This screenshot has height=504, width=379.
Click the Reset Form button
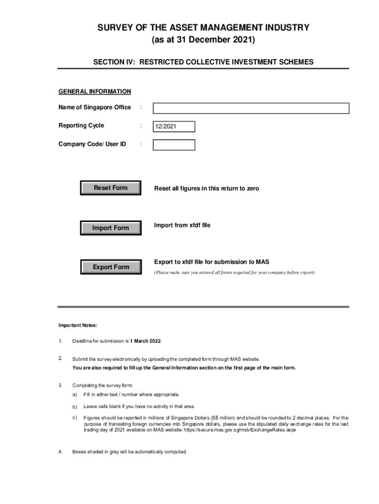tap(111, 188)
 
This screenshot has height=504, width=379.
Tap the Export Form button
tap(111, 267)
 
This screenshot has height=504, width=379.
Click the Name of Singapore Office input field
tap(251, 108)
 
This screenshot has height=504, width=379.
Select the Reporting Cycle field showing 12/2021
tap(174, 127)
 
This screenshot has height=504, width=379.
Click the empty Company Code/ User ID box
tap(174, 145)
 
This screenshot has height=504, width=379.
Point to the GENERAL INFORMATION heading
tap(95, 92)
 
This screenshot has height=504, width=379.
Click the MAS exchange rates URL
tap(240, 430)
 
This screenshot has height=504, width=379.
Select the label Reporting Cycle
tap(81, 126)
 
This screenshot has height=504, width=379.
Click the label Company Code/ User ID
tap(92, 144)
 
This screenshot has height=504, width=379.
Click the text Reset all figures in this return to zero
tap(206, 189)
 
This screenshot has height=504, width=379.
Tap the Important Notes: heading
tap(78, 325)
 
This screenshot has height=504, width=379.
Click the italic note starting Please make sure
tap(234, 272)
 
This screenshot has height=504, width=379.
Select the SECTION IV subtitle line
tap(203, 62)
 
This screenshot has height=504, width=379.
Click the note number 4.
tap(60, 452)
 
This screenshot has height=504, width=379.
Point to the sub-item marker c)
tap(75, 417)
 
